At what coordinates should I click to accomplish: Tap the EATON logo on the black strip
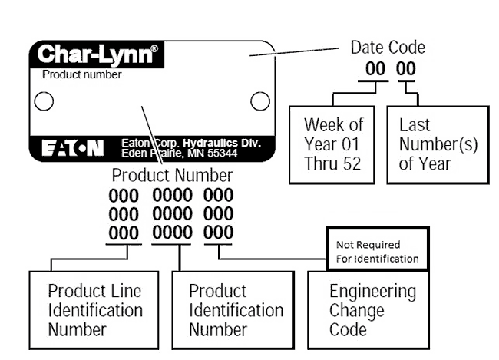(x=73, y=148)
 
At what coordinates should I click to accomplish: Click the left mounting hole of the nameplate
(x=44, y=101)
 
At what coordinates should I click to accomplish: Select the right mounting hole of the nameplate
(x=260, y=101)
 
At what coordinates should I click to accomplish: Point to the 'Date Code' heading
(x=388, y=48)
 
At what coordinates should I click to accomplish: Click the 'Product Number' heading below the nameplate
(x=172, y=175)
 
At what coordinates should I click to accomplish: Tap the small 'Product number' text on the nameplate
(x=82, y=74)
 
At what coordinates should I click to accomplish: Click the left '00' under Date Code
(x=375, y=69)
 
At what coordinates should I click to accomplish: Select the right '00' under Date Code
(x=406, y=69)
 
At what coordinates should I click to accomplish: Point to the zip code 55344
(x=222, y=153)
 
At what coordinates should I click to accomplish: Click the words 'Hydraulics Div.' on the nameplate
(x=222, y=143)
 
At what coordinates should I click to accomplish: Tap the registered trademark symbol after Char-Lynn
(x=154, y=48)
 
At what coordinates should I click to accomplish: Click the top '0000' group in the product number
(x=172, y=195)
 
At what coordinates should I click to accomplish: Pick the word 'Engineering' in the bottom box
(x=372, y=292)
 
